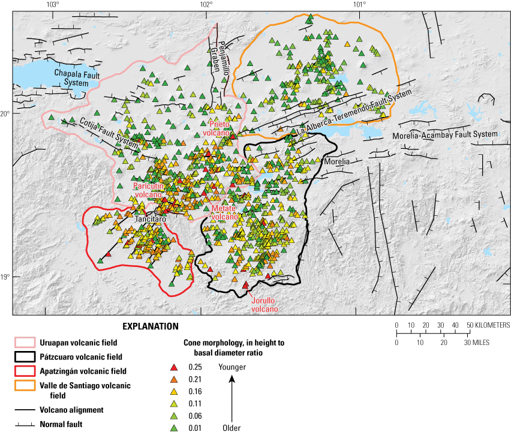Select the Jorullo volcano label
tap(264, 305)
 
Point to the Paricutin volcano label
tap(148, 190)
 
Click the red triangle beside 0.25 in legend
tap(174, 367)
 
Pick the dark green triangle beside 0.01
tap(174, 428)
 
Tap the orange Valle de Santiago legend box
tap(24, 386)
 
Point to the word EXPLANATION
tap(151, 326)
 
